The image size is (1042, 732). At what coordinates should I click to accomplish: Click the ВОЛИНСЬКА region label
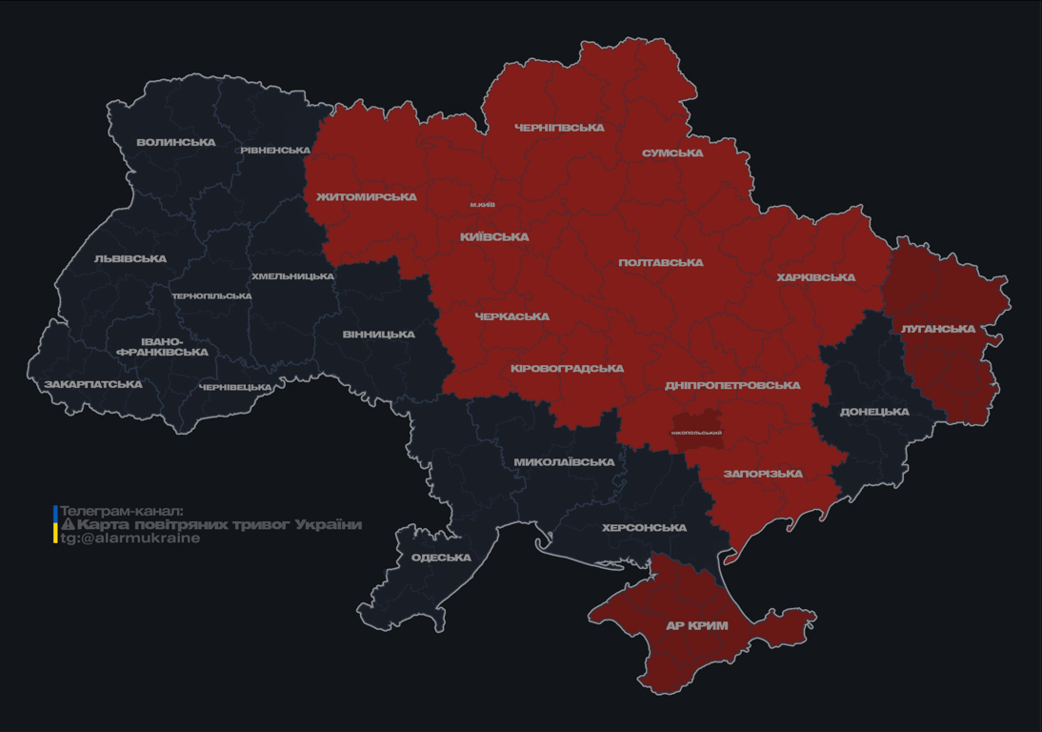pos(175,143)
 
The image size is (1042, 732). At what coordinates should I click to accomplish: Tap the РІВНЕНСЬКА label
pos(275,151)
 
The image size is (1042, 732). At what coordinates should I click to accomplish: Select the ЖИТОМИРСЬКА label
pos(367,197)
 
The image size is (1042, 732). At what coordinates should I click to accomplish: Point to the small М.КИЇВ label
pos(482,205)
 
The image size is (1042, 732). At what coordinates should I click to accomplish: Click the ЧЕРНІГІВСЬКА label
pos(559,128)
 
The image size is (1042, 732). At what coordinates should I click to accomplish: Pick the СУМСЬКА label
pos(672,153)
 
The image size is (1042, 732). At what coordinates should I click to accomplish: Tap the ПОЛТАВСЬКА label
pos(660,263)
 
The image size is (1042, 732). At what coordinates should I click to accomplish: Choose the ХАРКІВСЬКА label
pos(815,278)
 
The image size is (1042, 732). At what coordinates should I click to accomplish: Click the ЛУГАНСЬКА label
pos(938,329)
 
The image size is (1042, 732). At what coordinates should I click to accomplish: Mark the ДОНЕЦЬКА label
pos(874,413)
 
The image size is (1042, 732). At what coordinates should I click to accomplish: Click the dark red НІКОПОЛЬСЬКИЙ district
pos(696,432)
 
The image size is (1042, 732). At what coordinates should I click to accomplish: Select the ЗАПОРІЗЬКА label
pos(763,474)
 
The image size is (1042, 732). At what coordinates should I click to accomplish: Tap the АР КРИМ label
pos(696,626)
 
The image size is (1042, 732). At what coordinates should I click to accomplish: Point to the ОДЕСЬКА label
pos(441,558)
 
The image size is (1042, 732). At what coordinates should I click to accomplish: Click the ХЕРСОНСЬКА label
pos(644,528)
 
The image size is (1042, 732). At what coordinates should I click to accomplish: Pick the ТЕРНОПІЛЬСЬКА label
pos(211,296)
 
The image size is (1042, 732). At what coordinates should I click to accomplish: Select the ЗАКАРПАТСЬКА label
pos(92,385)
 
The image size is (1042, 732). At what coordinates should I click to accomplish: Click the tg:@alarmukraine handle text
pos(130,538)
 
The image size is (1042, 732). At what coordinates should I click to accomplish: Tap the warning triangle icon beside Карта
pos(68,524)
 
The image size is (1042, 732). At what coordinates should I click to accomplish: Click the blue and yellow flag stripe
pos(55,524)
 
